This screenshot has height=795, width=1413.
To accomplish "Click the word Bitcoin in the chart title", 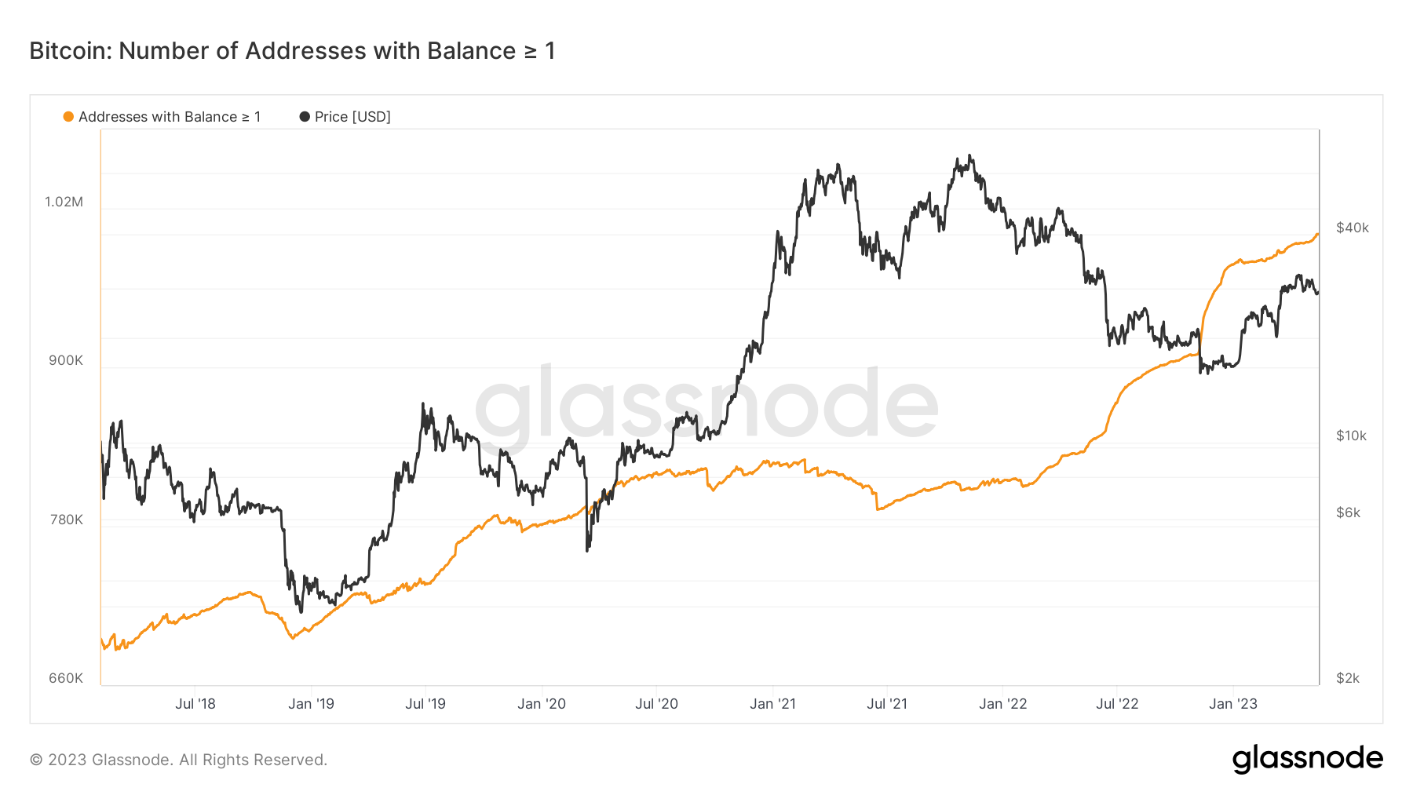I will point(69,51).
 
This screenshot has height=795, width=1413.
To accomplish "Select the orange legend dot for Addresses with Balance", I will point(68,117).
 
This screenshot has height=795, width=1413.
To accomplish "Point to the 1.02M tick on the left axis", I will point(64,202).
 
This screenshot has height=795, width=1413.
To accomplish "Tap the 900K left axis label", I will point(66,361).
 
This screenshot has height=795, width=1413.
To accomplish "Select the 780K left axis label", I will point(66,520).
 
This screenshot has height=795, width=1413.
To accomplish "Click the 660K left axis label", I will point(66,678).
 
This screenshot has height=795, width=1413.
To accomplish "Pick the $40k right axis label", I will point(1352,228).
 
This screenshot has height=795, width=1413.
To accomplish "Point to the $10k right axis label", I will point(1351,436).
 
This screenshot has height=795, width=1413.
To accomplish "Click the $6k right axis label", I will point(1348,512).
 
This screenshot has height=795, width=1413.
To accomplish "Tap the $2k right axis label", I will point(1348,678).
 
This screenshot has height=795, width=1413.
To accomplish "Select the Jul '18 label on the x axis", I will point(195,704).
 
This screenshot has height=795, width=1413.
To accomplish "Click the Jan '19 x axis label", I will point(311,704).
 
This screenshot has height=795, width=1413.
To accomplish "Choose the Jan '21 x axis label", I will point(772,704).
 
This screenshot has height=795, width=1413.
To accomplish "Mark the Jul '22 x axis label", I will point(1117,704).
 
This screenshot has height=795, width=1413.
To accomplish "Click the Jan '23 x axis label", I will point(1232,704).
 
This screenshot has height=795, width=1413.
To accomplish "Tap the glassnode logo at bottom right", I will point(1307,759).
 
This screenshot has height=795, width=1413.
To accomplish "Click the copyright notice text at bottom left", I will point(178,760).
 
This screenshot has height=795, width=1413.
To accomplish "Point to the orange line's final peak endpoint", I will point(1317,234).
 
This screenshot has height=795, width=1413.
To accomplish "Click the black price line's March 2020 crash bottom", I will point(587,550).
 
